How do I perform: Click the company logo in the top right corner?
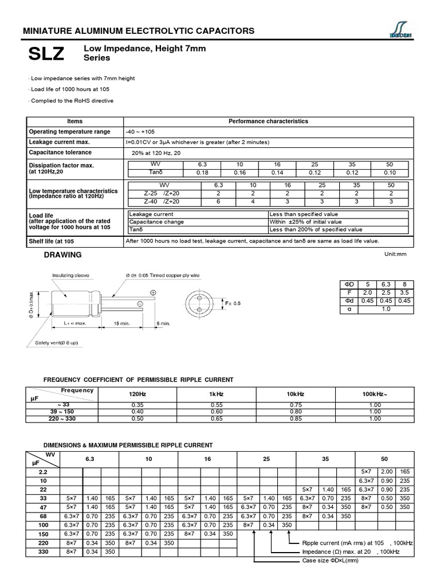tap(395, 30)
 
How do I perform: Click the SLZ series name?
tap(46, 54)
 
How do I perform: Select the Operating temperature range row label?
tap(69, 132)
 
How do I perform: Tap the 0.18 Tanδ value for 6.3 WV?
tap(202, 172)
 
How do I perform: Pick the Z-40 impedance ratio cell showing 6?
tap(218, 201)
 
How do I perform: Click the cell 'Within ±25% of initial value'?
tap(306, 221)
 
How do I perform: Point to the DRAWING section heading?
tap(63, 255)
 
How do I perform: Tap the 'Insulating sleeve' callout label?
tap(70, 275)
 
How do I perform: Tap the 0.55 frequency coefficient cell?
tap(216, 405)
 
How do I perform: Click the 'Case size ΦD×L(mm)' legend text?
tap(330, 560)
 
